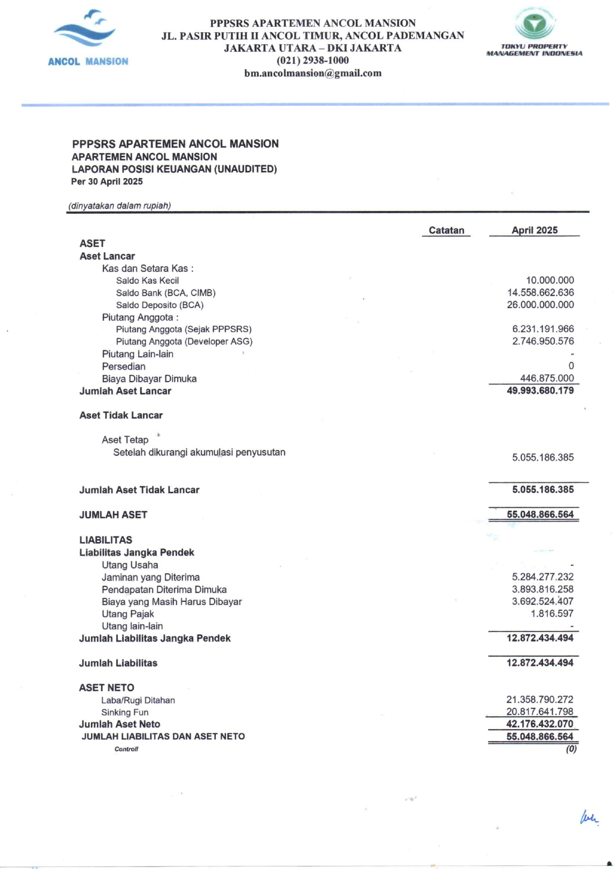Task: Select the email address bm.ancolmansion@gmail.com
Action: [312, 73]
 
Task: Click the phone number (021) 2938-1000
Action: [312, 60]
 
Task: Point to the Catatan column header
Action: [446, 230]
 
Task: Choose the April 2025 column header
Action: [534, 230]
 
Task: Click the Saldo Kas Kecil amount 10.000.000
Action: [550, 280]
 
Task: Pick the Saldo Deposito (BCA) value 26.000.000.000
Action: [540, 305]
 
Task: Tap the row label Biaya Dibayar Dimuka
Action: [149, 379]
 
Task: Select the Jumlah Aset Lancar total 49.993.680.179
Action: [540, 391]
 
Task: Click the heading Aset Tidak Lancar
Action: [121, 415]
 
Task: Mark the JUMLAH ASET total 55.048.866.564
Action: [540, 515]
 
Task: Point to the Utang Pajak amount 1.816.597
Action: [552, 614]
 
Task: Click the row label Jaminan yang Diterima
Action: [151, 577]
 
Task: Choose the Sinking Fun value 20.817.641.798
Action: [540, 712]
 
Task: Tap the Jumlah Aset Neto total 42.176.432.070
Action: [540, 724]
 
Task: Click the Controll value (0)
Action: [571, 749]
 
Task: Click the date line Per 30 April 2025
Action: [107, 181]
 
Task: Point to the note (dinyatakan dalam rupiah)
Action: [119, 206]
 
